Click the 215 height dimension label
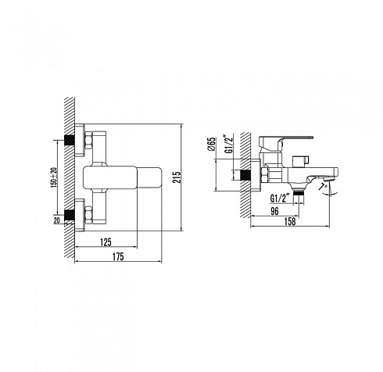pos(177,177)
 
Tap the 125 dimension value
pos(106,242)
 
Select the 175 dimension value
pos(118,256)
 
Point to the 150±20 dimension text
pos(55,177)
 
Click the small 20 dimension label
pos(57,220)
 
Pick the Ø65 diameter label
pos(212,144)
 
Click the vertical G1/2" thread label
pos(229,144)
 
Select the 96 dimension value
pos(274,211)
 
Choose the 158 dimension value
pos(290,222)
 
